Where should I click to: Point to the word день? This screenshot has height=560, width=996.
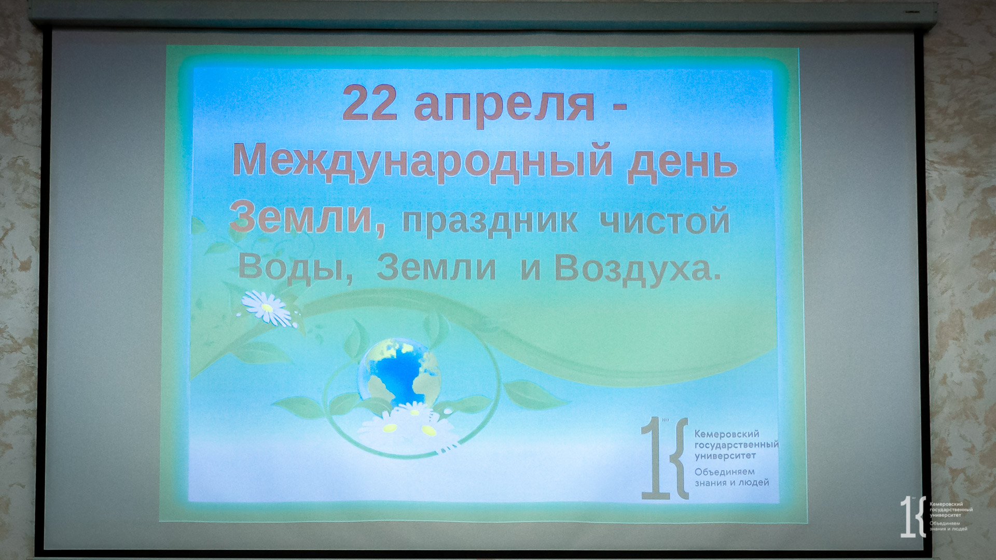685,162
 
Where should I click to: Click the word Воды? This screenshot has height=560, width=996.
295,269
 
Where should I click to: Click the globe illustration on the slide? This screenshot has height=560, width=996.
399,372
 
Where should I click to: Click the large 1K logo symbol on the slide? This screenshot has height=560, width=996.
665,458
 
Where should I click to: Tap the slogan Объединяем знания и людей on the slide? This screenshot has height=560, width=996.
732,477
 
